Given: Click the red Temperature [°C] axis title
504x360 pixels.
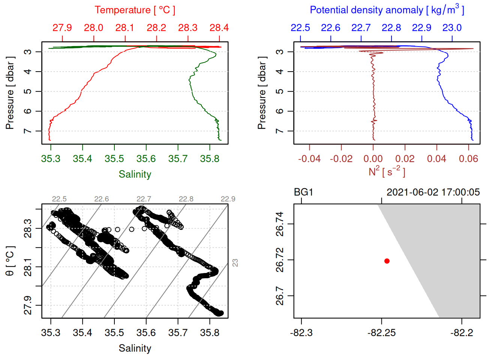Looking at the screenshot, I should click(x=135, y=10).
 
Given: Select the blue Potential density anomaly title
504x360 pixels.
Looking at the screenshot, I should click(x=387, y=10).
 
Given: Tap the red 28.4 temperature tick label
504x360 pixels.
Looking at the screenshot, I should click(x=219, y=28).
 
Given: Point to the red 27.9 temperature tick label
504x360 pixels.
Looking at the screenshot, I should click(x=62, y=28).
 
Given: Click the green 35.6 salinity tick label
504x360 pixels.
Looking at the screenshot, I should click(x=146, y=159).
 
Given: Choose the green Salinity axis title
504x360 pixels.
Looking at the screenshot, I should click(x=135, y=174).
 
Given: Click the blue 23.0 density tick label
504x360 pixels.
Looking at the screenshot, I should click(x=452, y=28).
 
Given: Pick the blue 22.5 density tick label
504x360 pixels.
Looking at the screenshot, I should click(x=300, y=28).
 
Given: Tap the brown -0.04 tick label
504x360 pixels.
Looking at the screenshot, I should click(x=309, y=159).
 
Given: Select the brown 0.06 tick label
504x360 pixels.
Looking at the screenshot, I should click(x=468, y=159).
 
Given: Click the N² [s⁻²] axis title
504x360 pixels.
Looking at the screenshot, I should click(x=387, y=172).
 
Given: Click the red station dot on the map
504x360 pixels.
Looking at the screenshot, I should click(x=387, y=261).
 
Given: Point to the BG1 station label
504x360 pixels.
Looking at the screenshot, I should click(x=303, y=192).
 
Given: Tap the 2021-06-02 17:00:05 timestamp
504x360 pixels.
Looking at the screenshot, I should click(x=433, y=192).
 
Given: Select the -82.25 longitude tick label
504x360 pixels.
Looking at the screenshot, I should click(x=381, y=333).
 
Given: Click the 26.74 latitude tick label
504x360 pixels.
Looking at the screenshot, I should click(x=280, y=224).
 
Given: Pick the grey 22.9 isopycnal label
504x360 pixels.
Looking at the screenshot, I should click(x=228, y=199).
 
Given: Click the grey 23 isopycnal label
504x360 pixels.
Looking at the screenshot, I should click(x=235, y=263).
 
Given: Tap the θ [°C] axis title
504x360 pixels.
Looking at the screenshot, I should click(x=10, y=261).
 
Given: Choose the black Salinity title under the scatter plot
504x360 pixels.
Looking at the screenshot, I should click(x=135, y=348).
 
